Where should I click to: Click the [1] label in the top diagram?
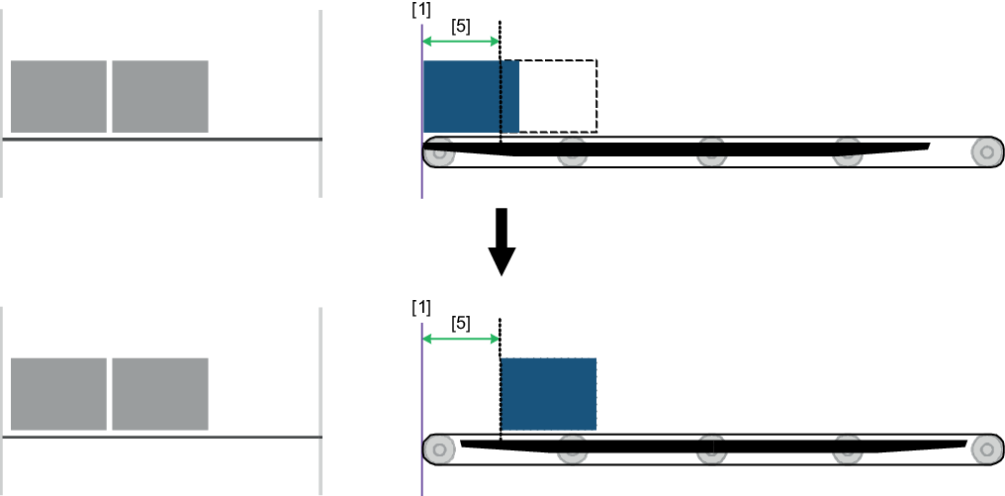coord(421,10)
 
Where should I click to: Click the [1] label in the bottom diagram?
coord(421,307)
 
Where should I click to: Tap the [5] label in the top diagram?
coord(461,27)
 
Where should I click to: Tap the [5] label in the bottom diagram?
coord(461,324)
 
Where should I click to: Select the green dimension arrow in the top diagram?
coord(461,41)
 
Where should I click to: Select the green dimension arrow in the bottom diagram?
coord(461,338)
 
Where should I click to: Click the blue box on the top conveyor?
coord(470,96)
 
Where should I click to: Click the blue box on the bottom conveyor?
coord(548,393)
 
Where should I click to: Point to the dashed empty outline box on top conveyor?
coord(558,96)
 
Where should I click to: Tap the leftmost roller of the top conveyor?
coord(438,152)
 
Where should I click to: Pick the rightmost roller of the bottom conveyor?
coord(985,448)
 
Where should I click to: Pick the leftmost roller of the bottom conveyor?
coord(438,449)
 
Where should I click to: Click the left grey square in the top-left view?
coord(58,96)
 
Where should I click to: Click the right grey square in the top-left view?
coord(160,96)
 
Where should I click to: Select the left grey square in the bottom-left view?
coord(58,393)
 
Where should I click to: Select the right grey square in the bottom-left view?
coord(160,393)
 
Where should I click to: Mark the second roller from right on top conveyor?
coord(848,152)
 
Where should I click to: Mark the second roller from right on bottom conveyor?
coord(848,449)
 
